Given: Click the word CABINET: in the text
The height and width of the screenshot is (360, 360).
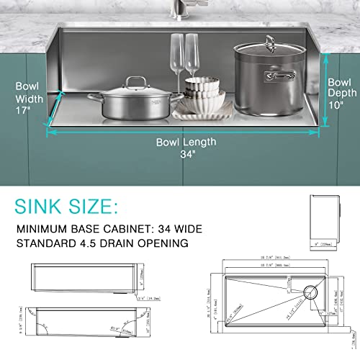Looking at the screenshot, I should coord(132,230).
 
